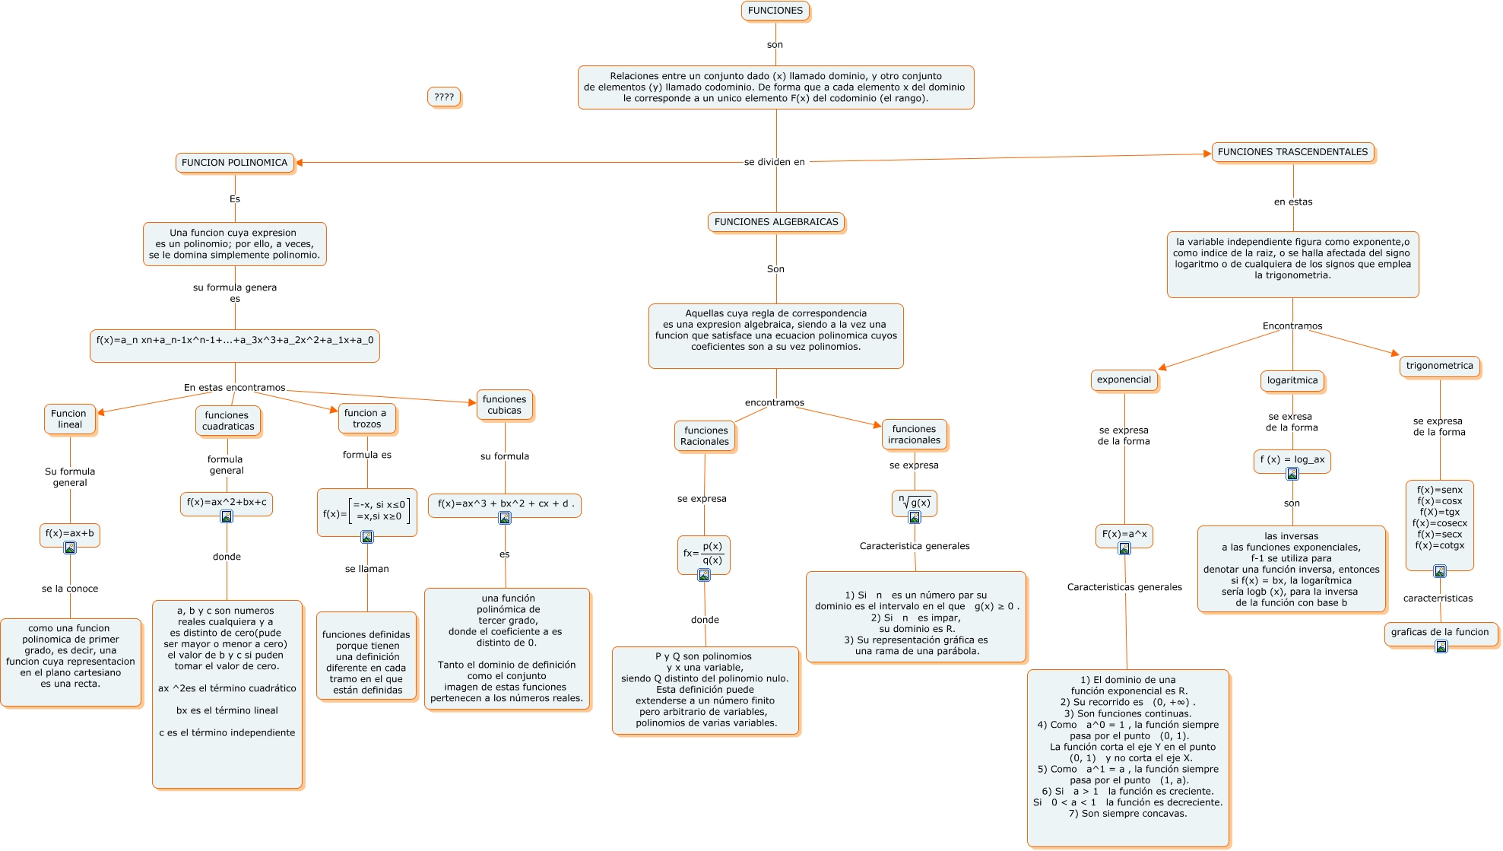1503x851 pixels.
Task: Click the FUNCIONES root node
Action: pos(775,11)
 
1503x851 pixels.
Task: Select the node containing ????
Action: pos(444,97)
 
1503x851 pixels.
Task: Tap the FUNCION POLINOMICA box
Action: pos(234,163)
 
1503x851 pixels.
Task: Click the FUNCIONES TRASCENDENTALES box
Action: pos(1292,152)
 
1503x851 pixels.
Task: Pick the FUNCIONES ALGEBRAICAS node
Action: pos(775,222)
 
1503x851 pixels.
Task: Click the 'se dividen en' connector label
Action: pos(774,162)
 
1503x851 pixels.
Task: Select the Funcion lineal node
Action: pos(69,419)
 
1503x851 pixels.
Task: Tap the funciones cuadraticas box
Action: pos(227,421)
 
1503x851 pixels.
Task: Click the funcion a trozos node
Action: pos(366,418)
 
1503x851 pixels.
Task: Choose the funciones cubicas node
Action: pos(504,405)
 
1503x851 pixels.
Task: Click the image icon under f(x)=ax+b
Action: pos(70,548)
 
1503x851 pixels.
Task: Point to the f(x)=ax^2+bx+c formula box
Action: pos(227,502)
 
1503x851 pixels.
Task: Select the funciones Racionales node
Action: pos(705,436)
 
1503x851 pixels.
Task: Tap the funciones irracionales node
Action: pos(914,434)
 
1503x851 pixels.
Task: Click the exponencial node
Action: pos(1124,379)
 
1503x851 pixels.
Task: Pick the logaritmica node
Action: pos(1292,380)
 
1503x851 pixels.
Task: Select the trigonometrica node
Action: pos(1439,366)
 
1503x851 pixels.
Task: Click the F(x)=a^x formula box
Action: pos(1124,534)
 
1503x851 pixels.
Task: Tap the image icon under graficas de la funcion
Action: pos(1441,646)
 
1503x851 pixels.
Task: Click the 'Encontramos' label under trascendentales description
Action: pos(1292,326)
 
